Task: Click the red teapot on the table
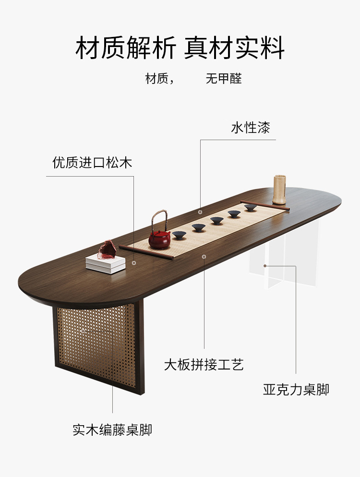point(159,239)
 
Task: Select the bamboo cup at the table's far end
point(280,190)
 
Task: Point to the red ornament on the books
point(106,250)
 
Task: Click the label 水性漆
point(251,128)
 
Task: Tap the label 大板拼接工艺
point(204,365)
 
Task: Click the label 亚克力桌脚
point(296,389)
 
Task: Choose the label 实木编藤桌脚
point(112,429)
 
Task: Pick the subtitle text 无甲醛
point(224,79)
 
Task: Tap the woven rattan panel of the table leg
point(96,336)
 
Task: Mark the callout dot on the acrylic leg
point(264,265)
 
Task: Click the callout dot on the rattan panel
point(83,331)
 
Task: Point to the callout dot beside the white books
point(134,262)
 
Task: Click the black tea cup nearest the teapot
point(179,235)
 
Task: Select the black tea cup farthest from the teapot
point(250,207)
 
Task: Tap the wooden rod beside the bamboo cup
point(265,205)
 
